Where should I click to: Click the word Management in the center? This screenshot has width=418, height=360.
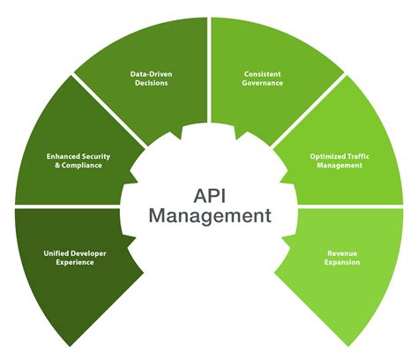coord(209,214)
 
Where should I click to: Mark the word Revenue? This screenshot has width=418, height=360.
coord(340,252)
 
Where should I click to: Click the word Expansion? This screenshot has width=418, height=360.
coord(340,262)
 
